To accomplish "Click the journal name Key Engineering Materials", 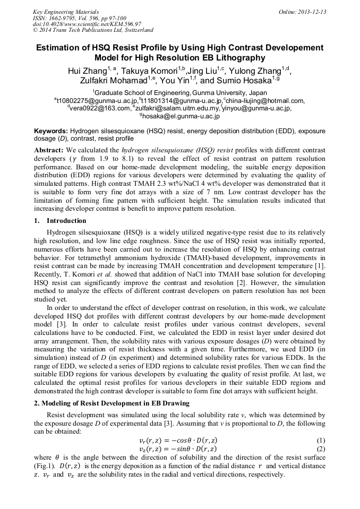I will tap(66, 12).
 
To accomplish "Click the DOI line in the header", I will tap(87, 24).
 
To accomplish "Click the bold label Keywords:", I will tap(51, 131).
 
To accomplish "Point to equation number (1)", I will tap(320, 441).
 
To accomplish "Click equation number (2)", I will tap(320, 449).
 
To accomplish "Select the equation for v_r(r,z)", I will tap(177, 441).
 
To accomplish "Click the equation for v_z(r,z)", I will tap(177, 449).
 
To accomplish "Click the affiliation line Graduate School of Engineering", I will tap(180, 92).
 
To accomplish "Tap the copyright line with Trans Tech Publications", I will tap(93, 30).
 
